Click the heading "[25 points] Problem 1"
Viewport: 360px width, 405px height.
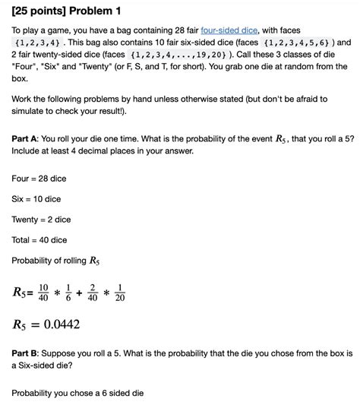[66, 12]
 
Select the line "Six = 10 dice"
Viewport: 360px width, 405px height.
[36, 199]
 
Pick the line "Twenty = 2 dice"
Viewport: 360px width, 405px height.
[42, 220]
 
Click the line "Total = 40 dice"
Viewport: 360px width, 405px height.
[39, 240]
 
